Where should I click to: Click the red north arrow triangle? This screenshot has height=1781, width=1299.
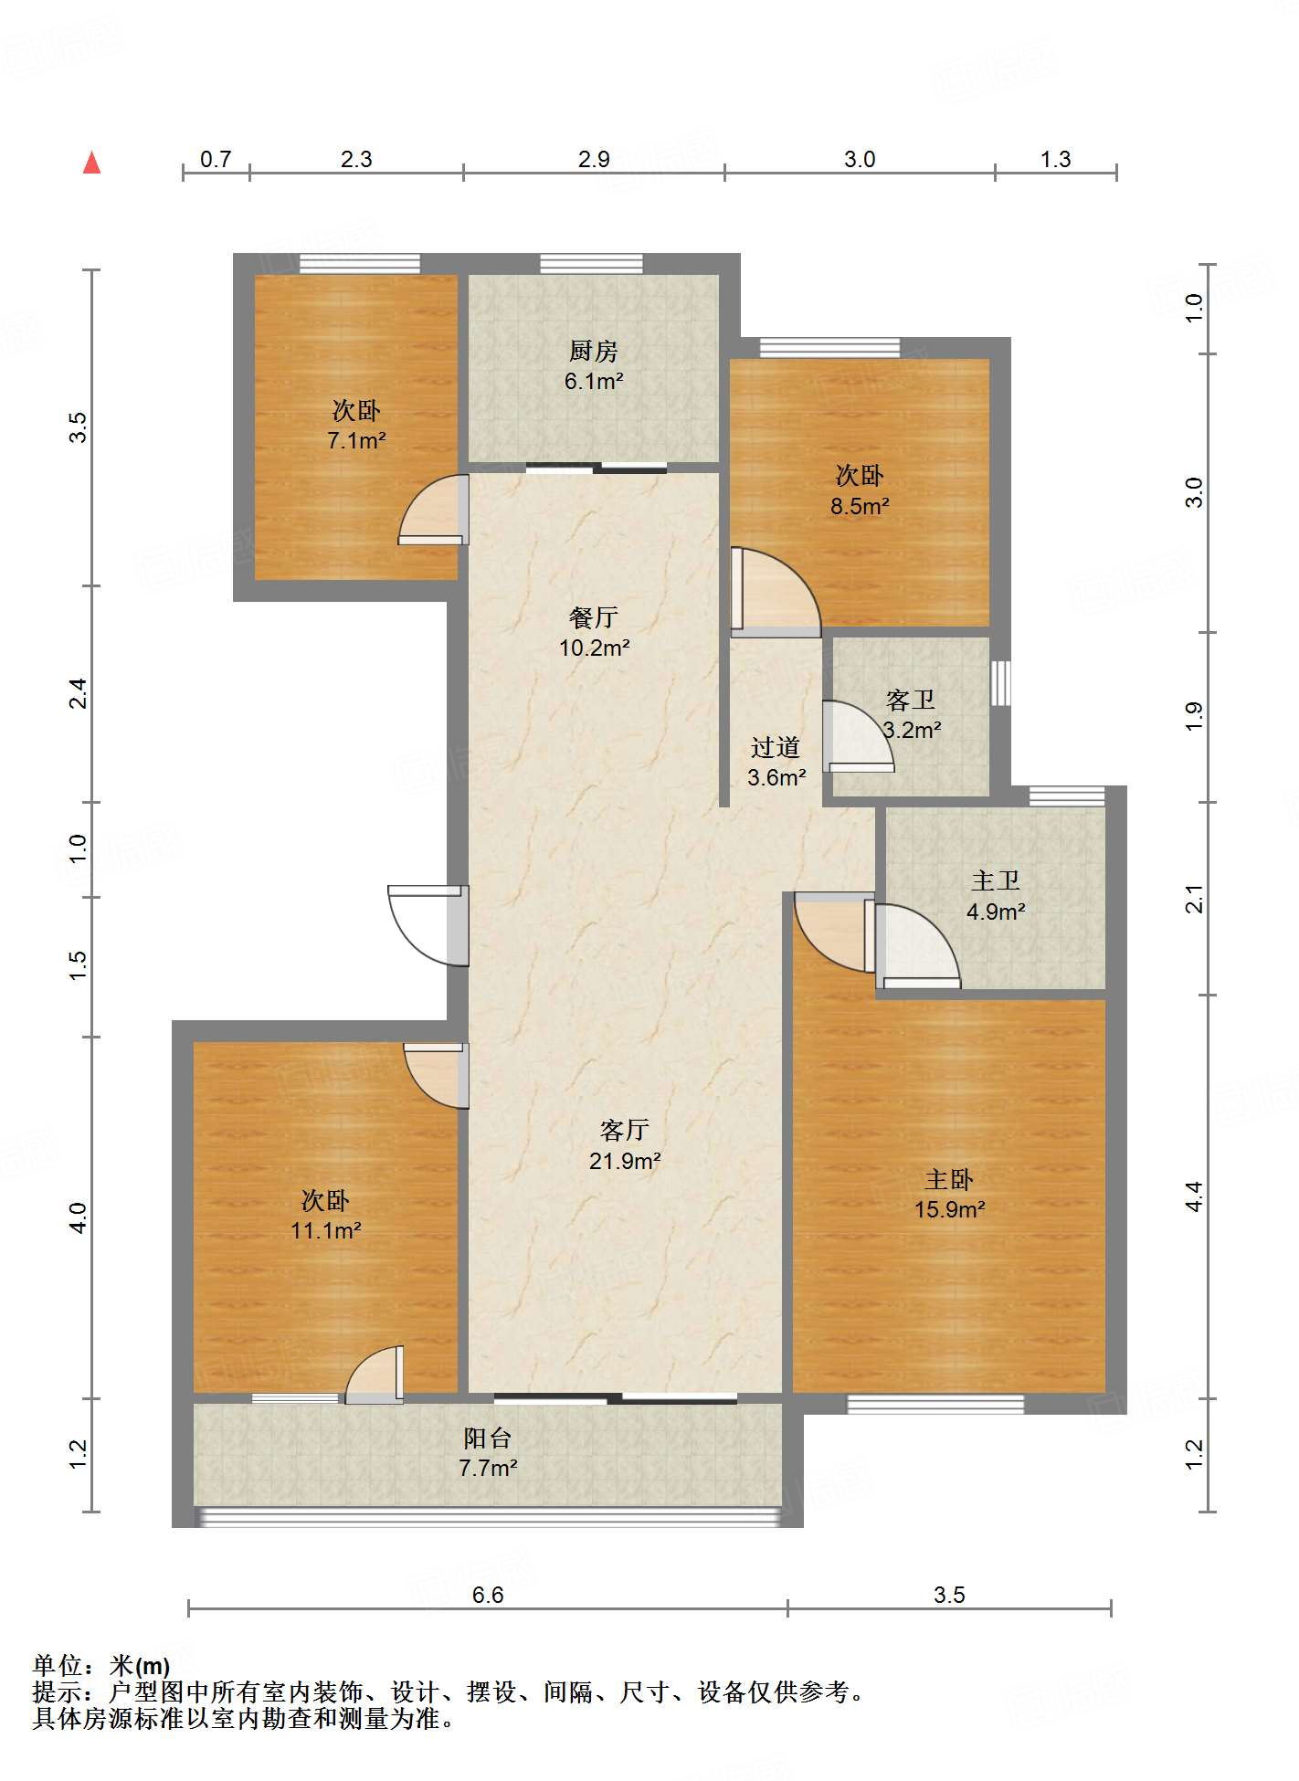91,163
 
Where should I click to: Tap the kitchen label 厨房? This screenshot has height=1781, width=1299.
593,351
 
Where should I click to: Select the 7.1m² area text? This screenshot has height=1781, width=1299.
356,441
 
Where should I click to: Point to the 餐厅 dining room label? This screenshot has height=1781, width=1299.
593,617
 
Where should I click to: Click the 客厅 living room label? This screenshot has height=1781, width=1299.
624,1131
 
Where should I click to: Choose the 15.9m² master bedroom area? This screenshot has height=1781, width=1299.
949,1210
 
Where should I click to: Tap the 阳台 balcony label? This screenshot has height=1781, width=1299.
487,1438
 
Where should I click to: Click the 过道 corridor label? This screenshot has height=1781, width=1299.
776,748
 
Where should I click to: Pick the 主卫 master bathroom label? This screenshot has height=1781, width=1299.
995,881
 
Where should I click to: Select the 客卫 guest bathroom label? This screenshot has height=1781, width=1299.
911,701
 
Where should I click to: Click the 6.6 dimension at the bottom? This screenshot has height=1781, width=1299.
488,1595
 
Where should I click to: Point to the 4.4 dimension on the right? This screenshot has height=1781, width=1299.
1194,1196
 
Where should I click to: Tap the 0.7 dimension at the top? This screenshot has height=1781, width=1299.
216,159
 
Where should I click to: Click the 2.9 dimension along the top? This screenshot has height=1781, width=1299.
594,159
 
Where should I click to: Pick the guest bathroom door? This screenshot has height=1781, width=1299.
858,736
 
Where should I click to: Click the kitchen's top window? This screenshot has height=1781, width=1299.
591,264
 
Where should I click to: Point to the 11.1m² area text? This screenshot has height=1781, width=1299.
326,1231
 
